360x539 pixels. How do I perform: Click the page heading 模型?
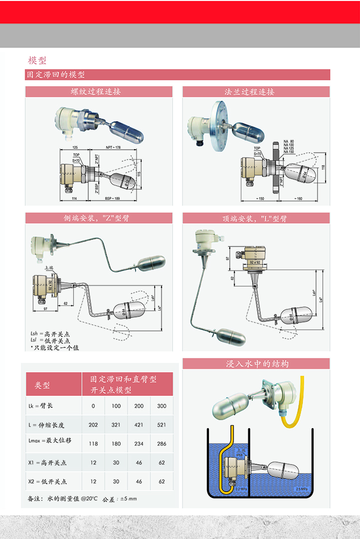coord(37,60)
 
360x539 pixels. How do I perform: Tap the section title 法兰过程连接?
coord(256,92)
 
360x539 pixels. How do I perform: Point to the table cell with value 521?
coord(162,425)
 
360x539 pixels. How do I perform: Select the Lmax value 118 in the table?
coord(93,444)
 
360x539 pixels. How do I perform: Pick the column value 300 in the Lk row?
coord(162,406)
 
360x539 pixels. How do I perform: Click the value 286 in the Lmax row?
coord(162,444)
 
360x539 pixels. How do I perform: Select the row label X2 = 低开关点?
coord(47,482)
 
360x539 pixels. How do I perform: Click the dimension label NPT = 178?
coord(113,148)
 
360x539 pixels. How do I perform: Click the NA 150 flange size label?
coord(289,152)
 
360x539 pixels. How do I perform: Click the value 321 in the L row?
coord(116,425)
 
